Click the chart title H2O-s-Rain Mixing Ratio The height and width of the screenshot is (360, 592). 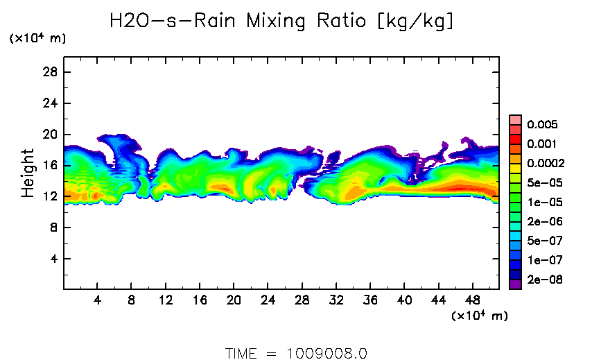[282, 22]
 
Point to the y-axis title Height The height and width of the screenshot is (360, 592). [28, 173]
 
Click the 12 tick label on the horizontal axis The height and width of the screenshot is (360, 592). [165, 300]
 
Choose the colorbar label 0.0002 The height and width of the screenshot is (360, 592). [546, 164]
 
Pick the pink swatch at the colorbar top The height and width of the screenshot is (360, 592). [515, 119]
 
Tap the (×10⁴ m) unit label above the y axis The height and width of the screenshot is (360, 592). [37, 39]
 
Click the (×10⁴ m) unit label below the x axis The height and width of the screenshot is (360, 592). [480, 316]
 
